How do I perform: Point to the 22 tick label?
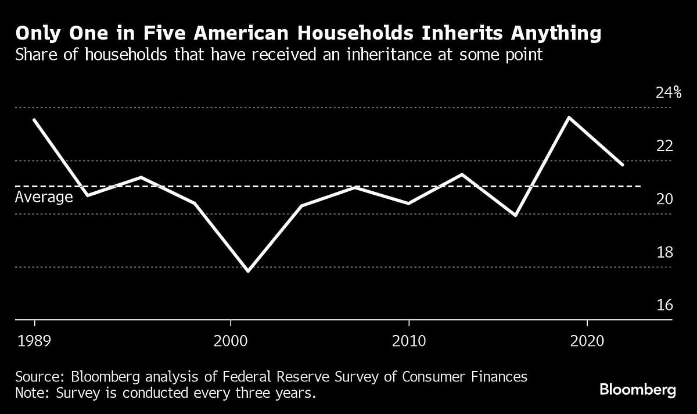coord(664,145)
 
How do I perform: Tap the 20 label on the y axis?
coord(664,199)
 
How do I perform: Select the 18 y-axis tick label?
coord(664,252)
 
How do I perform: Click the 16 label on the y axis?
coord(664,305)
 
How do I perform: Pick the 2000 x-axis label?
coord(231,340)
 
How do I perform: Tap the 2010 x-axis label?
coord(409,340)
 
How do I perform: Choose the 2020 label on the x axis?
coord(587,340)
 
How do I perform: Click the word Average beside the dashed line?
coord(44,197)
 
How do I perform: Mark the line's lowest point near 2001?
coord(249,271)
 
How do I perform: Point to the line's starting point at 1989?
coord(35,120)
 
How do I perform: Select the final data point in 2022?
coord(623,165)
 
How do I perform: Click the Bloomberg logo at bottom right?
coord(637,390)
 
